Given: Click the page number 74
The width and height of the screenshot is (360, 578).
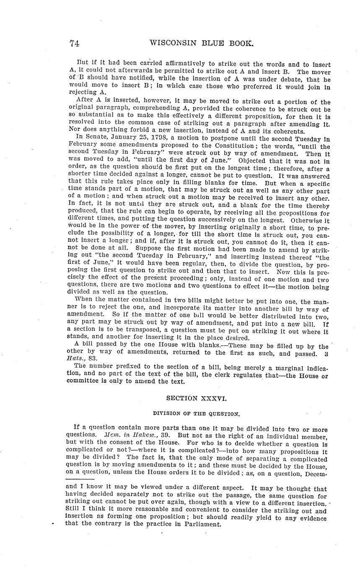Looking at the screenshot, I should pyautogui.click(x=75, y=43).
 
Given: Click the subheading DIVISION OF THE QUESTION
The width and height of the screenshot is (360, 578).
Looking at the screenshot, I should pyautogui.click(x=196, y=413).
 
